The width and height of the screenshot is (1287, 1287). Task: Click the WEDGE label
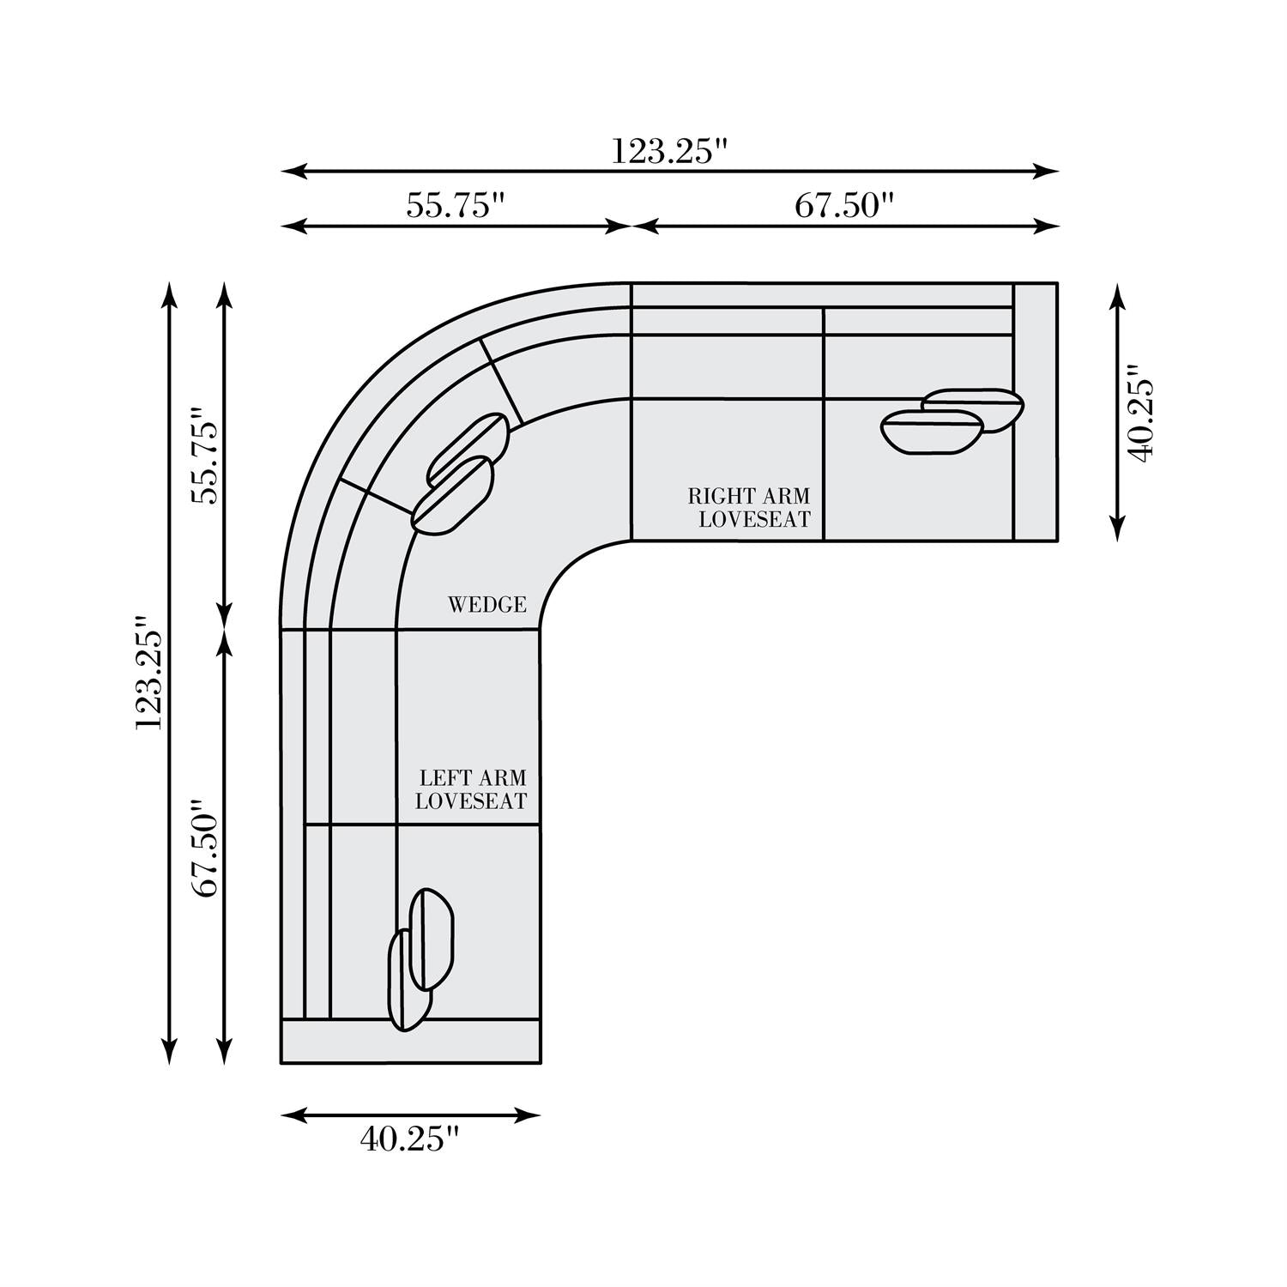[487, 605]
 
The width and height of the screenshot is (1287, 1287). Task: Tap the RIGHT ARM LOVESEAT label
[749, 508]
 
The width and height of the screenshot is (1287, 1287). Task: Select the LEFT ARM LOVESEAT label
[471, 790]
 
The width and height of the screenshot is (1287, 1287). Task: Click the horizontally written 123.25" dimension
[669, 152]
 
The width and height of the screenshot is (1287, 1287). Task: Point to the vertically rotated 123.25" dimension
[148, 672]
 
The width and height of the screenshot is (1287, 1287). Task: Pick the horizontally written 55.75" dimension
[455, 206]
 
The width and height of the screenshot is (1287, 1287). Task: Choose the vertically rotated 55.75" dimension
[206, 456]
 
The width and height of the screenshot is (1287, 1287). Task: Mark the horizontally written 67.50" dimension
[844, 206]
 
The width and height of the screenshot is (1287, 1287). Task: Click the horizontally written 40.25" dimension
[410, 1139]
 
